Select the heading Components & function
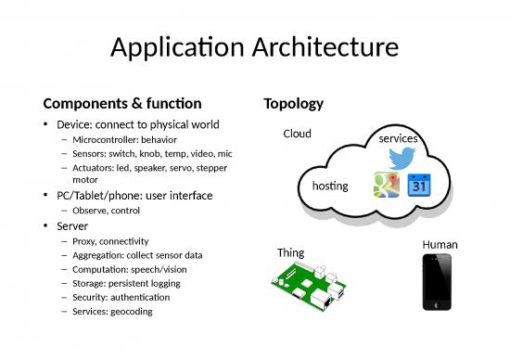click(x=121, y=103)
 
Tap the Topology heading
click(x=293, y=103)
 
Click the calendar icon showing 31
click(x=418, y=186)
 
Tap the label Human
click(x=439, y=244)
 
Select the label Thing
click(x=290, y=252)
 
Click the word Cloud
click(x=297, y=134)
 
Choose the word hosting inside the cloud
click(x=330, y=186)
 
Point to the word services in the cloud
click(x=398, y=138)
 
